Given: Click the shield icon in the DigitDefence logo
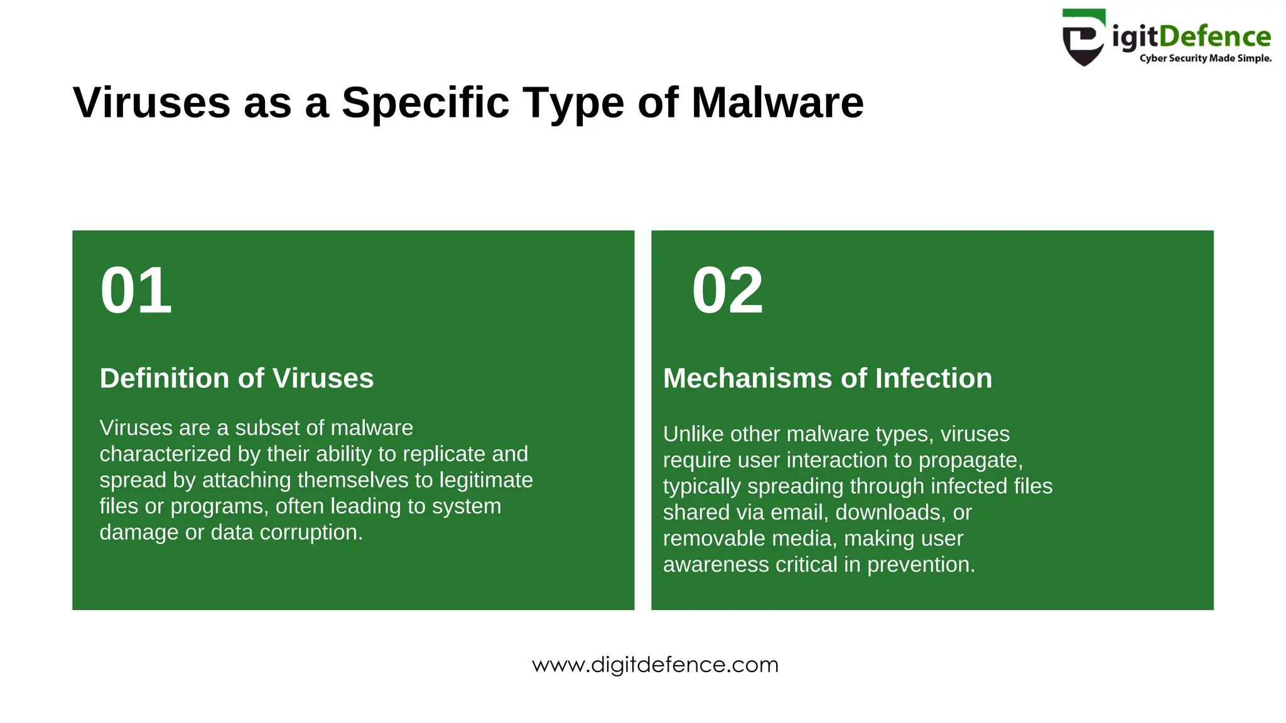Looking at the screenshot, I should [1083, 38].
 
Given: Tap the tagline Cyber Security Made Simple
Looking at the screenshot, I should [1205, 58].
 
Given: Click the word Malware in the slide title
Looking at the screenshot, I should [777, 102].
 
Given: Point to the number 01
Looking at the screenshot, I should [136, 290].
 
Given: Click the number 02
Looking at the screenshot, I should [727, 290].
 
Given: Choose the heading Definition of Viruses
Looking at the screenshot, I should [237, 378].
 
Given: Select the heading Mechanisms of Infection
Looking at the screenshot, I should [828, 378].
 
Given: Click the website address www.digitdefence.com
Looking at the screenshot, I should [655, 665].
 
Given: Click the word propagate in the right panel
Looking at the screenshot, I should [970, 460].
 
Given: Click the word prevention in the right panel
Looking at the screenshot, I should [921, 565].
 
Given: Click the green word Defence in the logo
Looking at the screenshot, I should [1214, 36].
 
